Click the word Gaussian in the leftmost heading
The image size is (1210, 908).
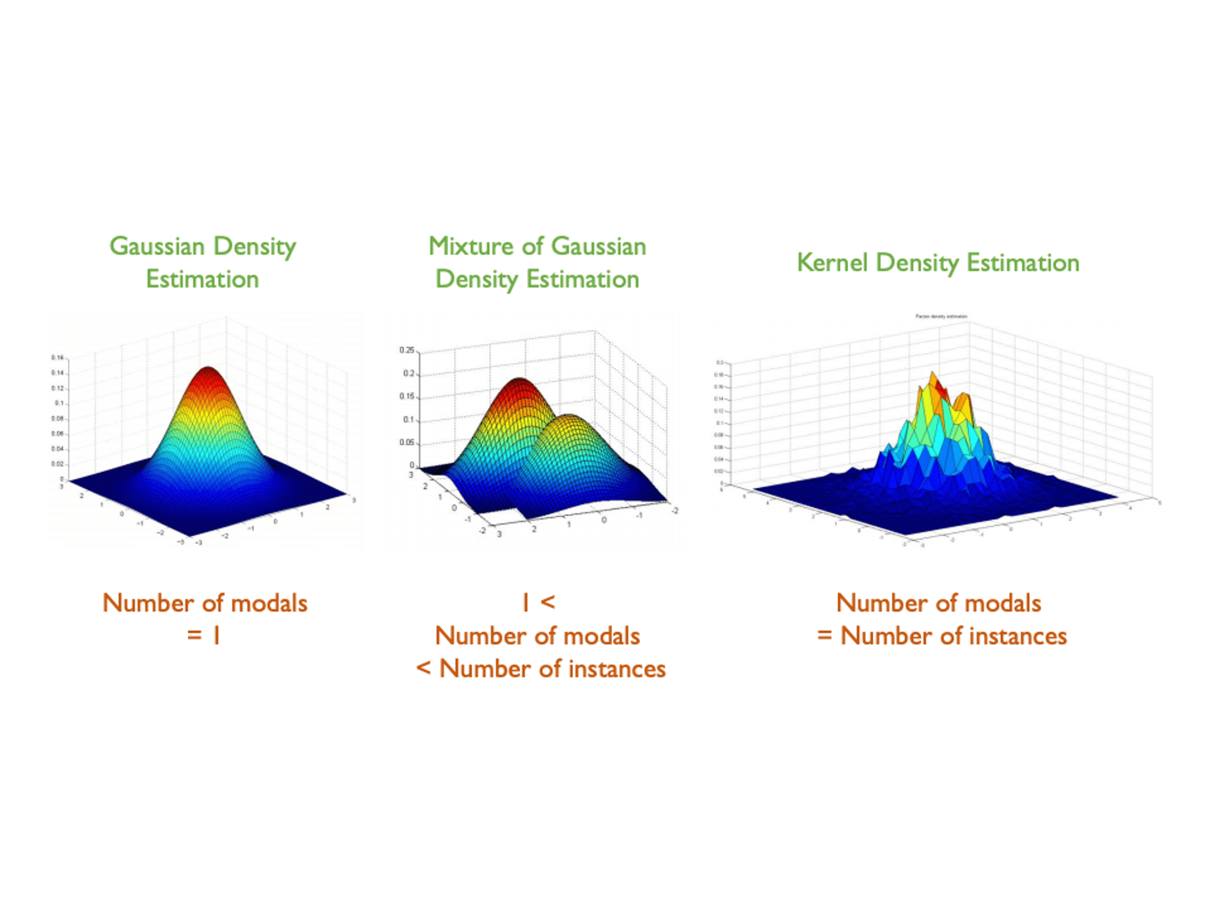[x=157, y=246]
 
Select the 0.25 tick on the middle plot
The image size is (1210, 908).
[x=407, y=351]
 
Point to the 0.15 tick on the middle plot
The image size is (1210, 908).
[x=407, y=397]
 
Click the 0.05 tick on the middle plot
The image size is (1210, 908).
[x=407, y=443]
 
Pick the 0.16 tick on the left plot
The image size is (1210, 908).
[x=57, y=358]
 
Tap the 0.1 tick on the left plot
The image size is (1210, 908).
[x=59, y=403]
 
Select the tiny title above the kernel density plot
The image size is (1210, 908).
[x=941, y=317]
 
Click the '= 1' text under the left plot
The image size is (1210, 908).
[x=204, y=636]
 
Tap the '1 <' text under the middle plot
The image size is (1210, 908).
[x=538, y=603]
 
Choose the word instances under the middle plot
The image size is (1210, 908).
[x=617, y=669]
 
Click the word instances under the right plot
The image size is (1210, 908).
[x=1017, y=636]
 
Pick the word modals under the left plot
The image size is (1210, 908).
[x=269, y=603]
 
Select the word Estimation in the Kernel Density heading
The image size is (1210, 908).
[x=1023, y=262]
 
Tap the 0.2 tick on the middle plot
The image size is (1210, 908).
[x=409, y=374]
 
